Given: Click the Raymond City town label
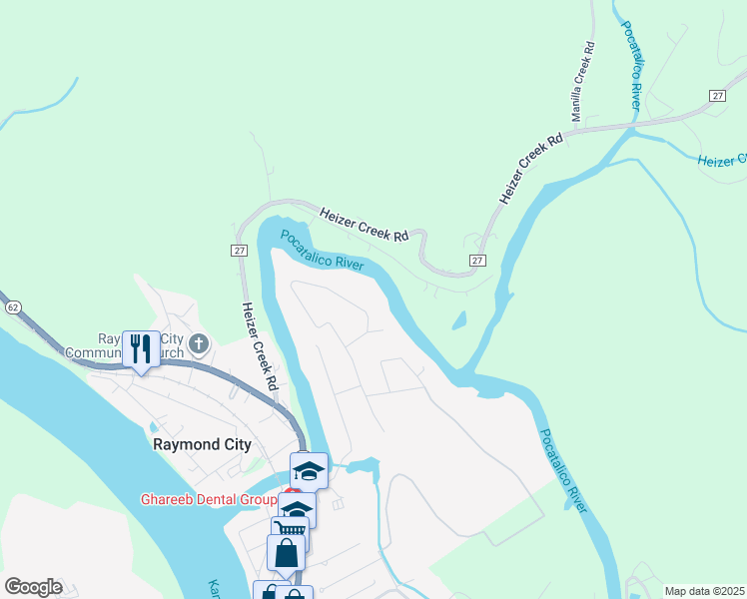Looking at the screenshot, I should [201, 445].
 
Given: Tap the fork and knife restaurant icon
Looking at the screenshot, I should [141, 347].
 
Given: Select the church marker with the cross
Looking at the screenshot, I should [199, 345].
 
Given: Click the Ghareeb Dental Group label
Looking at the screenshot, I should [207, 499].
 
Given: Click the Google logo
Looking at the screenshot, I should [33, 587].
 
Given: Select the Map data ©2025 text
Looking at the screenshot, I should [703, 591].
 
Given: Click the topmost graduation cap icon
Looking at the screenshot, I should [309, 470].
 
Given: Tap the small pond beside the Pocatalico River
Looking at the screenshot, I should [458, 321].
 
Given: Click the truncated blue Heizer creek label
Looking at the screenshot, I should [721, 160].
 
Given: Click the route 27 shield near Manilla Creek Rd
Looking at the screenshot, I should [717, 95].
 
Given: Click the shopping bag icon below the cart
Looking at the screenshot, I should [286, 552].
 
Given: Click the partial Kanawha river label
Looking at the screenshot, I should [213, 588].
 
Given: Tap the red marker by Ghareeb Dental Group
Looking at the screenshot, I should [292, 492].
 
